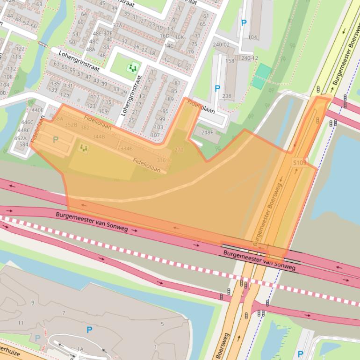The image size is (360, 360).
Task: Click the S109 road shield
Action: pyautogui.click(x=300, y=163)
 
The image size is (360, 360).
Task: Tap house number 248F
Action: pyautogui.click(x=207, y=133)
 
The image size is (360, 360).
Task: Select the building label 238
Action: pyautogui.click(x=227, y=96)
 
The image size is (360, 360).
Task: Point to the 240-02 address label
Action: pyautogui.click(x=221, y=45)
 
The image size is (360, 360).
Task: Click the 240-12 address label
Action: pyautogui.click(x=249, y=58)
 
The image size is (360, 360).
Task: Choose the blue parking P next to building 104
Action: pyautogui.click(x=243, y=22)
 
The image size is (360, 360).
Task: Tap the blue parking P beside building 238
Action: pyautogui.click(x=217, y=88)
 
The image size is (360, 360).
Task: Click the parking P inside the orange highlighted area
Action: pyautogui.click(x=56, y=139)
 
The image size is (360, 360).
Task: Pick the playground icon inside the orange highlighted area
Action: pyautogui.click(x=84, y=149)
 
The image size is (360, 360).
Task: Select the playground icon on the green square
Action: pyautogui.click(x=134, y=68)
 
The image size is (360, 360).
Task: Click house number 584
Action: pyautogui.click(x=23, y=144)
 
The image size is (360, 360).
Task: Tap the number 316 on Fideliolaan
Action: pyautogui.click(x=161, y=160)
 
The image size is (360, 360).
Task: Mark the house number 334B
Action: pyautogui.click(x=126, y=148)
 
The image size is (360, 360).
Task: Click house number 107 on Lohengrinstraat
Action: pyautogui.click(x=155, y=135)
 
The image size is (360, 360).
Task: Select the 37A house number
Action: pyautogui.click(x=117, y=26)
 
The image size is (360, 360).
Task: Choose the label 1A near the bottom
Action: pyautogui.click(x=80, y=349)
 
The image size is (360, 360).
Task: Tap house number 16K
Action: pyautogui.click(x=179, y=37)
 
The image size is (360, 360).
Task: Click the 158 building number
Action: pyautogui.click(x=230, y=61)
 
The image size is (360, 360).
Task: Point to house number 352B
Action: pyautogui.click(x=71, y=125)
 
